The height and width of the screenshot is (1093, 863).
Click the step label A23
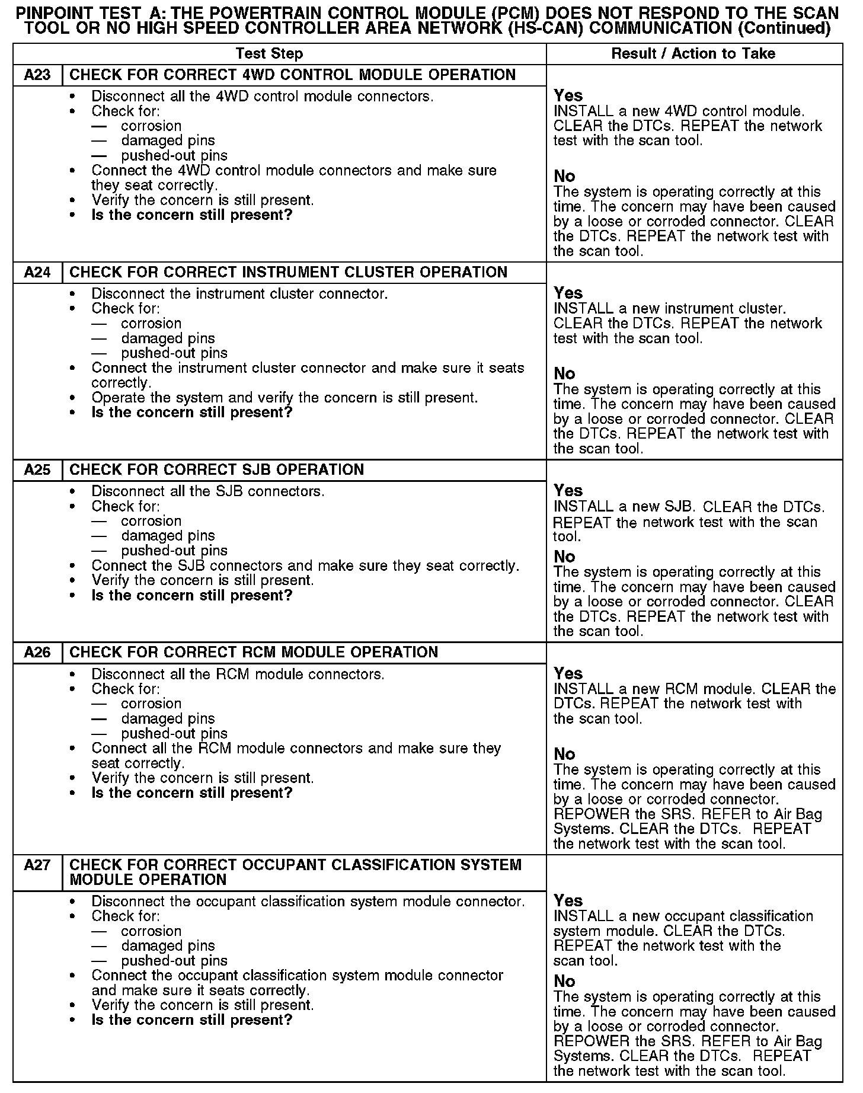click(x=37, y=75)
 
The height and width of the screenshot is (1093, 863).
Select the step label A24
click(x=37, y=273)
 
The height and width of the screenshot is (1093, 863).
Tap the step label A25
click(x=37, y=470)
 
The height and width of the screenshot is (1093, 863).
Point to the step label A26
click(x=37, y=653)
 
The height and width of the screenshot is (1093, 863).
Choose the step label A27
click(x=37, y=865)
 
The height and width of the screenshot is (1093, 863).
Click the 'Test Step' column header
click(x=269, y=54)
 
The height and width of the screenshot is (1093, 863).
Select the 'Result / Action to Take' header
click(x=693, y=54)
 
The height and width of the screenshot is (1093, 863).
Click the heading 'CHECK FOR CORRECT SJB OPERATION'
click(x=216, y=470)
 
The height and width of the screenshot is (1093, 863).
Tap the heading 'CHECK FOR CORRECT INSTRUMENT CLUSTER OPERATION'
click(x=288, y=273)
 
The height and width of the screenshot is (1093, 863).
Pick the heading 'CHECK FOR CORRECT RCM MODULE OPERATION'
click(x=254, y=653)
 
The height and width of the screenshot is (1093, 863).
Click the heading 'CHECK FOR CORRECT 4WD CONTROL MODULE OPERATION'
click(x=292, y=75)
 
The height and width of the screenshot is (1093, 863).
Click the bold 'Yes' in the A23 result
click(x=568, y=95)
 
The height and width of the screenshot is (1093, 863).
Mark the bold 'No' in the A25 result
click(x=564, y=557)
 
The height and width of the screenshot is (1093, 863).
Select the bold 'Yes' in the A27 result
click(x=568, y=900)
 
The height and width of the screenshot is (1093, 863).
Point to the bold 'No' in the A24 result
click(x=564, y=373)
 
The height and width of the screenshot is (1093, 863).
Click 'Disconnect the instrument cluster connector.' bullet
click(x=239, y=294)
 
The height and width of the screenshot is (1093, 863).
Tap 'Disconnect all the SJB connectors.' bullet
click(x=207, y=491)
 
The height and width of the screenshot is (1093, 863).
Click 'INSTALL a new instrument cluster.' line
click(x=669, y=309)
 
